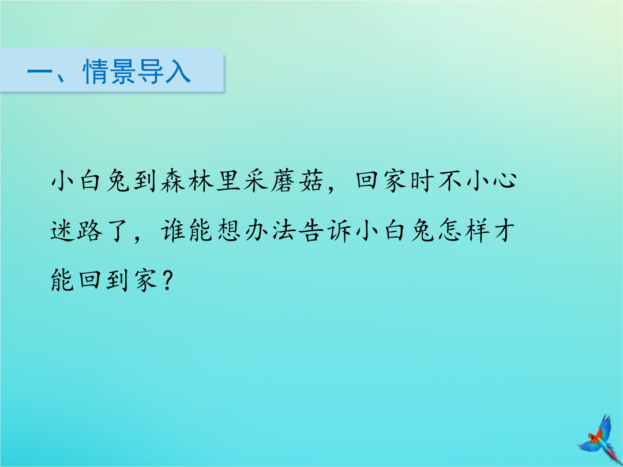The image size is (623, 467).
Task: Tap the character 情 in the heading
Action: point(96,72)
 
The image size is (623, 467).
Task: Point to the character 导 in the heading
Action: point(151,72)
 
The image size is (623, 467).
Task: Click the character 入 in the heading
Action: point(178,72)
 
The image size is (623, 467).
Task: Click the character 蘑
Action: point(283,181)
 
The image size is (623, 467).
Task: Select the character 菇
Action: point(310,181)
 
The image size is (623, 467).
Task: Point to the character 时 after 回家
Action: point(422,181)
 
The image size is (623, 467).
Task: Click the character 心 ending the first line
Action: point(505,181)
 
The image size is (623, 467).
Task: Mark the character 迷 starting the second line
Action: point(63,231)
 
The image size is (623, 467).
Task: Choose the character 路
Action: point(90,231)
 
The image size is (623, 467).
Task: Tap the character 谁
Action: point(173,231)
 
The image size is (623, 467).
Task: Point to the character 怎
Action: point(450,231)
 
